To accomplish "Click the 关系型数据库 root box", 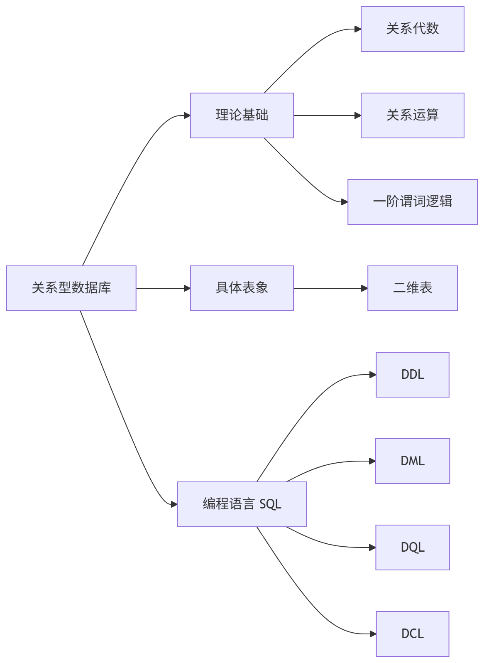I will coord(71,288).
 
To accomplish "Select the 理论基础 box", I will coord(242,115).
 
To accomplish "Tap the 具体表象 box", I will coord(242,288).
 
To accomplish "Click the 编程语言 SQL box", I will coord(242,504).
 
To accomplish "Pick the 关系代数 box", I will coord(412,29).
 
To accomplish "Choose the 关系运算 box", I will coord(412,115).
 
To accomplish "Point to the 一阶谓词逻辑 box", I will coord(412,201).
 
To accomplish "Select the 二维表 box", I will coord(412,288).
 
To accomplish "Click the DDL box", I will coord(412,374).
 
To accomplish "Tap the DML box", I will coord(412,461).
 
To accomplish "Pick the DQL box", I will coord(412,547).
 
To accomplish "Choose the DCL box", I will coord(412,634).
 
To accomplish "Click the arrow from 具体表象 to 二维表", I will coord(330,288).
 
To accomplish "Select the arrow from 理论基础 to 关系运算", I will coord(327,115).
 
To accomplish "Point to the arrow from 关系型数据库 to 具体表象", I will coord(163,288).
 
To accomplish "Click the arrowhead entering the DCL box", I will coord(373,634).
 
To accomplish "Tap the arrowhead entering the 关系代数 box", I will coord(358,29).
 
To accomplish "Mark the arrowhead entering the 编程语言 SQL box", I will coord(174,504).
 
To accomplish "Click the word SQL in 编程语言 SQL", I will coord(270,504).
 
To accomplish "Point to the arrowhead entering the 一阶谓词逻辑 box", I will coord(345,202).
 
